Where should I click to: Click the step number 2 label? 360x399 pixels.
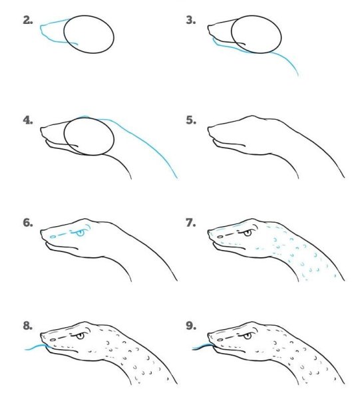coord(28,21)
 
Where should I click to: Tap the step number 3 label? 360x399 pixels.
coord(191,21)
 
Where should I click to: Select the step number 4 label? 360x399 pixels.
coord(28,120)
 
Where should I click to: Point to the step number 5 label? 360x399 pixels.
coord(191,120)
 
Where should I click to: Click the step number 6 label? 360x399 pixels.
coord(28,223)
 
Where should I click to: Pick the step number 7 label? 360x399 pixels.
coord(191,223)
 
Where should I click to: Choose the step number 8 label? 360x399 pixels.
coord(28,325)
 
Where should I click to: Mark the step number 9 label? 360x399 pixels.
coord(191,325)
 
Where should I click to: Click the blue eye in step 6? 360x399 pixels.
coord(81,233)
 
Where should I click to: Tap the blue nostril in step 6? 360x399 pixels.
coord(53,237)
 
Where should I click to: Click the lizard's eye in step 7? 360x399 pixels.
coord(248,233)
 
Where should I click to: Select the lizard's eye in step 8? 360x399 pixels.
coord(81,336)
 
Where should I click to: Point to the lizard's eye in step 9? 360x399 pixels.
coord(248,336)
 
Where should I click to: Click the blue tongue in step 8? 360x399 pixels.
coord(36,347)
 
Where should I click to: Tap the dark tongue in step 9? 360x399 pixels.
coord(203,347)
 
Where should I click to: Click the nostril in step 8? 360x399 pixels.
coord(53,340)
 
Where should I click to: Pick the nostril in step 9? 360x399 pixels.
coord(220,340)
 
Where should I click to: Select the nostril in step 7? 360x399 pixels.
coord(220,237)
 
